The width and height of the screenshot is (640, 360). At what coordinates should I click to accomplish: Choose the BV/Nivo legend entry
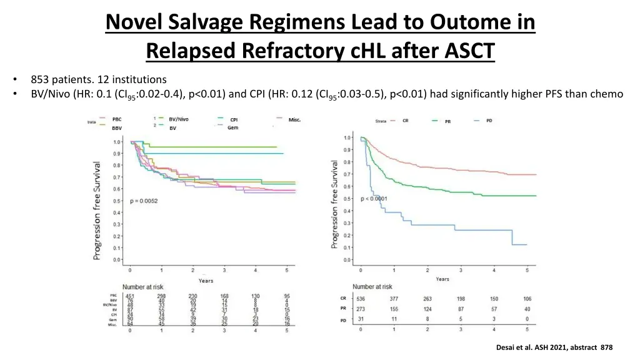[179, 119]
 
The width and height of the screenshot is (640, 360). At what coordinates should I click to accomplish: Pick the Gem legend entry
[232, 127]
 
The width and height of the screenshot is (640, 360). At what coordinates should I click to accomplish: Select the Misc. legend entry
[294, 119]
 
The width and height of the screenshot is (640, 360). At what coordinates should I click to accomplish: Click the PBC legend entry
[117, 119]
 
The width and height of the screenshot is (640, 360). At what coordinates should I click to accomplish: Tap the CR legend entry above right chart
[406, 120]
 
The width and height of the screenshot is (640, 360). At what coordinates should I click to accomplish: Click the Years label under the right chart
[442, 279]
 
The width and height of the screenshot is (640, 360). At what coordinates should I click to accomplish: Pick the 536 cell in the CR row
[361, 298]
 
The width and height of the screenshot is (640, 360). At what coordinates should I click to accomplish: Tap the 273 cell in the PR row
[361, 309]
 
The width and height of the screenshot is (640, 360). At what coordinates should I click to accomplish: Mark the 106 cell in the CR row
[527, 298]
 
